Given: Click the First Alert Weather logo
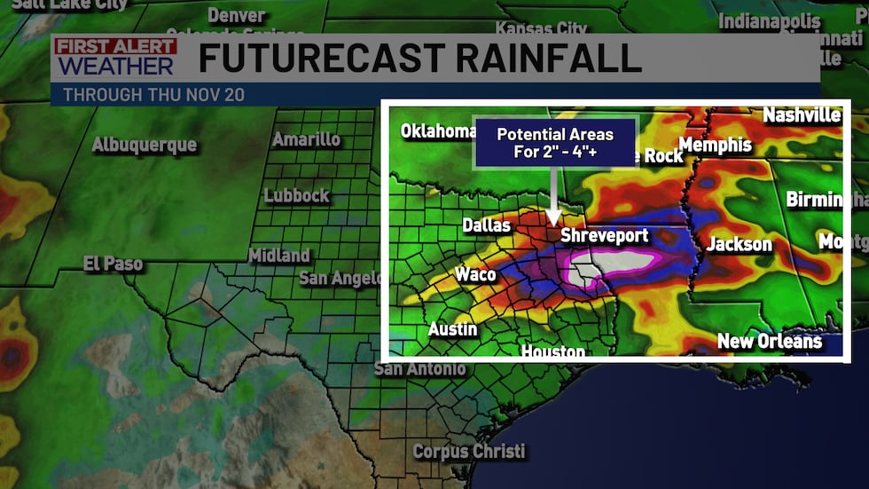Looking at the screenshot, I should tap(115, 58).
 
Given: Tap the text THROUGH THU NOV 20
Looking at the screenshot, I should tap(153, 94).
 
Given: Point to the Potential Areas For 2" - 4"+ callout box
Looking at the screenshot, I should tap(555, 143).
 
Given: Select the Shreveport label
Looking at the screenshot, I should tap(605, 236).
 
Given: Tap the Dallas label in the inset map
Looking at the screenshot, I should tap(487, 225).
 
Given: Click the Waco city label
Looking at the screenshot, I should tap(475, 274).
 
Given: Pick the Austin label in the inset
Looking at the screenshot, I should tap(453, 329).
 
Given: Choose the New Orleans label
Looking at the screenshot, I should tap(769, 341).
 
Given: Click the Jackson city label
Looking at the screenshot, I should tap(740, 244).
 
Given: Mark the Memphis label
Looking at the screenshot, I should tap(715, 145).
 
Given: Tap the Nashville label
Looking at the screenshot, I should tap(802, 115).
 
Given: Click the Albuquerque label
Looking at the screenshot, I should tap(145, 145).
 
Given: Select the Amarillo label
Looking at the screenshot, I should tap(306, 139).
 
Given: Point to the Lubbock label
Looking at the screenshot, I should tap(297, 195).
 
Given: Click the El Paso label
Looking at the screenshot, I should tap(114, 264).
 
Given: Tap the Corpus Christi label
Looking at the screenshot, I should tap(469, 451).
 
